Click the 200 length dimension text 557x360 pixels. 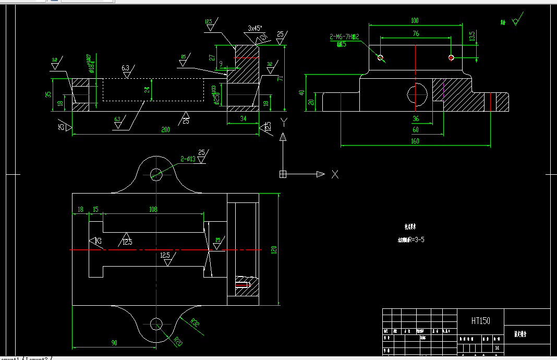165,129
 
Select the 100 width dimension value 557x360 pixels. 415,20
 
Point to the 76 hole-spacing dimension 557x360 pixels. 415,34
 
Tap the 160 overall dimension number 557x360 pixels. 415,141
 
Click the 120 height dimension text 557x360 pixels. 273,250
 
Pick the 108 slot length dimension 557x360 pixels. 153,209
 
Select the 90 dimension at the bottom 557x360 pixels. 114,343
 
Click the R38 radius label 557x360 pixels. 195,322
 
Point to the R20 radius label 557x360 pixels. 177,342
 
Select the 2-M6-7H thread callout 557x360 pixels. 345,37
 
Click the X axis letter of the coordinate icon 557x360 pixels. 335,174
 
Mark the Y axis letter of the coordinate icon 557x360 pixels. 283,122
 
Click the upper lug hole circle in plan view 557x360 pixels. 156,173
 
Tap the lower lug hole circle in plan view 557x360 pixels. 156,324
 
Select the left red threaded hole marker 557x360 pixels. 380,57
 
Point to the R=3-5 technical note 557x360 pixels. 410,241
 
